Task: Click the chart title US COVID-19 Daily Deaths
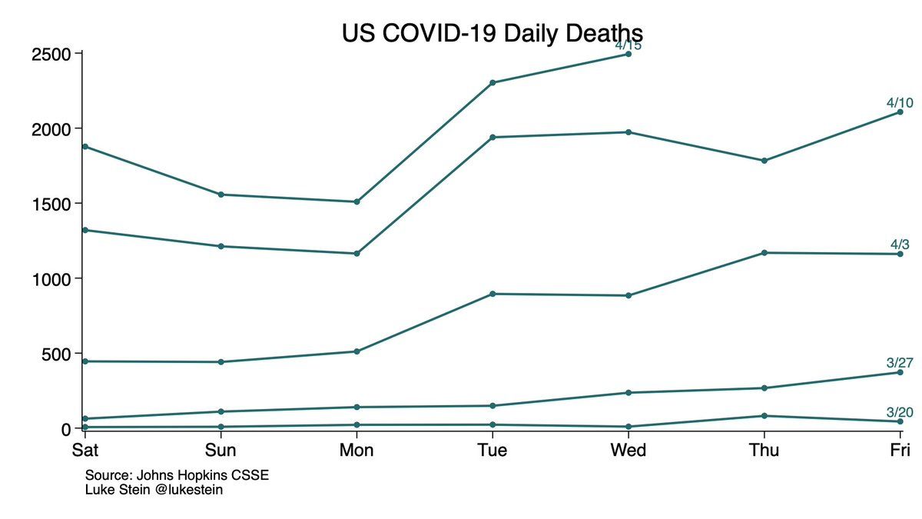(493, 35)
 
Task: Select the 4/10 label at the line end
(900, 102)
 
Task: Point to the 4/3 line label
(900, 245)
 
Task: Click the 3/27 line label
(900, 363)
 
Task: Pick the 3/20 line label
(900, 411)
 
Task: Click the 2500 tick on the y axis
(51, 54)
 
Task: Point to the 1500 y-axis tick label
(51, 204)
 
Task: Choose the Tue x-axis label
(492, 450)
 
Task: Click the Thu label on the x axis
(764, 450)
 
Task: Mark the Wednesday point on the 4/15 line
(628, 54)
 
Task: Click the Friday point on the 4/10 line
(900, 112)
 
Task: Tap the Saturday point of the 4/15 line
(85, 146)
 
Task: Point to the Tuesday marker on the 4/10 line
(492, 137)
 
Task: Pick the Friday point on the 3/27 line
(900, 372)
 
